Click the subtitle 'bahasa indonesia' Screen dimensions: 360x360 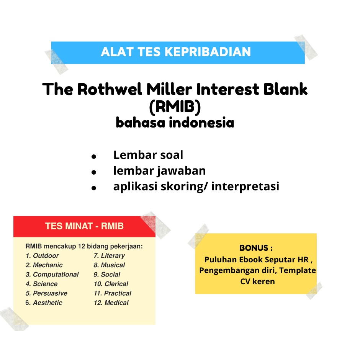point(175,123)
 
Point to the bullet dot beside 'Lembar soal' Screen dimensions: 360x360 point(93,157)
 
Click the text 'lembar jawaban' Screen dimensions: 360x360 point(159,171)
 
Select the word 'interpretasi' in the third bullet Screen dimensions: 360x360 point(245,187)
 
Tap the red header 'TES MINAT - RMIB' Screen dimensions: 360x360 point(84,226)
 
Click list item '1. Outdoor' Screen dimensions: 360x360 point(42,255)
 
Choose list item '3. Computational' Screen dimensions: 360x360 point(52,275)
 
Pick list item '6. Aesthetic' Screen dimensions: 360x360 point(44,303)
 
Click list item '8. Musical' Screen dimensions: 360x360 point(109,265)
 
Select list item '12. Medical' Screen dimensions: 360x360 point(111,303)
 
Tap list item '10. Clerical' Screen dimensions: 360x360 point(111,284)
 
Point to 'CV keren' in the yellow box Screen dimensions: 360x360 point(257,281)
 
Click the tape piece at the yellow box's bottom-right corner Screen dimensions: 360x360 point(314,290)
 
